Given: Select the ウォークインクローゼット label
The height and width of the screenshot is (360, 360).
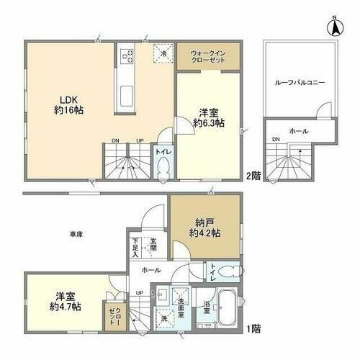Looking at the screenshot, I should click(x=209, y=57).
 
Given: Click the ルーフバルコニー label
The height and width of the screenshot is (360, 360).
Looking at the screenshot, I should click(x=300, y=84).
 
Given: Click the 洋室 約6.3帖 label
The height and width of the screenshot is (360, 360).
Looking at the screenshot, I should click(x=209, y=117).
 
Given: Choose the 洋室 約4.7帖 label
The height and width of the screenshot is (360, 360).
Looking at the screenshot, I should click(x=66, y=301).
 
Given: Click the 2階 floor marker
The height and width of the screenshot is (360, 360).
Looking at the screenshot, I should click(x=253, y=175).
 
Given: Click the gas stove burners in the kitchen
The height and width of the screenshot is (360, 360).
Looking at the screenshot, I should click(x=127, y=55).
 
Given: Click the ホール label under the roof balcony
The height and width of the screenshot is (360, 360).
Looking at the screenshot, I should click(x=296, y=132).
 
